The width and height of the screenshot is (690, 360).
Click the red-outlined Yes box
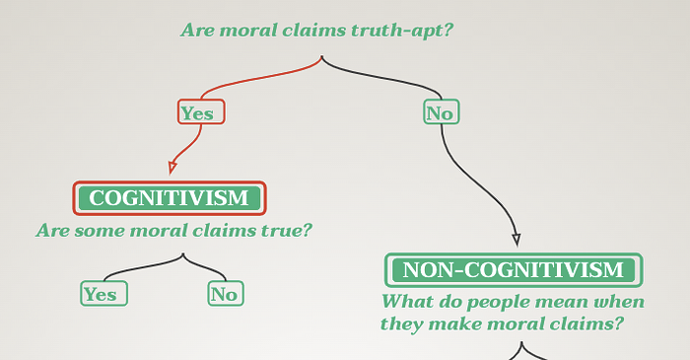click(x=201, y=111)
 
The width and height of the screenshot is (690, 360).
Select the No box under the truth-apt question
click(x=442, y=111)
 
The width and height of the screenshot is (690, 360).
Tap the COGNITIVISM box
click(x=170, y=198)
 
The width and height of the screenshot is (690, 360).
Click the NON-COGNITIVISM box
click(x=514, y=270)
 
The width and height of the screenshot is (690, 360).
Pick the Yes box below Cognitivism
click(x=103, y=294)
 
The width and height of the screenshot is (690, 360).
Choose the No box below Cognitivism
click(x=226, y=294)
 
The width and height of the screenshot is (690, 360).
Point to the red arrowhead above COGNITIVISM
click(x=172, y=168)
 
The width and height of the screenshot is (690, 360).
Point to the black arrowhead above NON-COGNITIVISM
click(x=517, y=240)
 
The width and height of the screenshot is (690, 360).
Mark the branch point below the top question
click(x=322, y=56)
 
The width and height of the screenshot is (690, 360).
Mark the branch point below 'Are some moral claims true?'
click(x=183, y=253)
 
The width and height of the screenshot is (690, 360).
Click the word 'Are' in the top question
click(x=197, y=31)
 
